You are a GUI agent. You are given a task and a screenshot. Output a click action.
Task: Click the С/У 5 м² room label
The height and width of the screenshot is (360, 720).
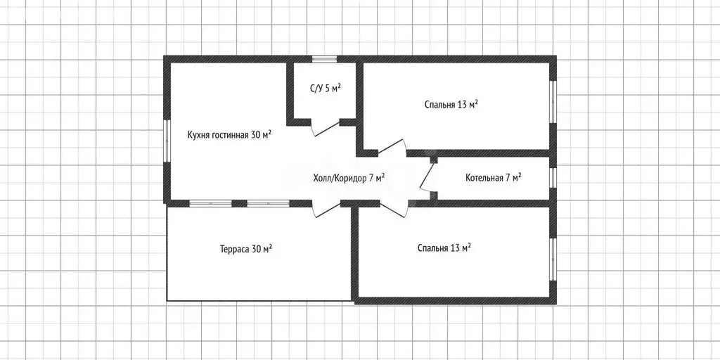pos(325,89)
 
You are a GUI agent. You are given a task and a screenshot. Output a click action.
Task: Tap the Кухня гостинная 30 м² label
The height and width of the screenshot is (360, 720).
pos(229,135)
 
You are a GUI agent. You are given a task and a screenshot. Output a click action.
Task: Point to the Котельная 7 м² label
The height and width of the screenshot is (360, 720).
pos(493,178)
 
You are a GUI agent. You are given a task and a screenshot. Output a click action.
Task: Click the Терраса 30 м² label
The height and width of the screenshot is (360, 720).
pos(246,250)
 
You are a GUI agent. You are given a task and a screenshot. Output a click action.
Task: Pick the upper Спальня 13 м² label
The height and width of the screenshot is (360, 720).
pos(451,104)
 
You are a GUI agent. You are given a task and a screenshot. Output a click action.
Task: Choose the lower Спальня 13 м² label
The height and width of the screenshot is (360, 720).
pos(444,248)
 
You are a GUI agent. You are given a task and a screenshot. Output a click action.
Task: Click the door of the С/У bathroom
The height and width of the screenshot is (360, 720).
pos(326,128)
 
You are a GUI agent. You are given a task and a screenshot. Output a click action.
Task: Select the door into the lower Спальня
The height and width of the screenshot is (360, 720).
pos(394,208)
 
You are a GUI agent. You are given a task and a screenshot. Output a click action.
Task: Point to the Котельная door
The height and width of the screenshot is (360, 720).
pos(427,177)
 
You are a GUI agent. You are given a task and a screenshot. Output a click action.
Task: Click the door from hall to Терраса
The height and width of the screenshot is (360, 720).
pos(326,209)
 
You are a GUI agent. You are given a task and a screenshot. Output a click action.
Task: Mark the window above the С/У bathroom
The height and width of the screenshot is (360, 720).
pos(325,59)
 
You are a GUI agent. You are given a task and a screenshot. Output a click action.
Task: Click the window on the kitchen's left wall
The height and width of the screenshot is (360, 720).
pos(167,141)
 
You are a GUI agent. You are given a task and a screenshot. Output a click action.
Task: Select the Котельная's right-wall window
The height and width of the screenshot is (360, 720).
pos(553,178)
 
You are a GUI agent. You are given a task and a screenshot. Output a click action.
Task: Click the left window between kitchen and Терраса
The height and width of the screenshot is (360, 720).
pos(211,203)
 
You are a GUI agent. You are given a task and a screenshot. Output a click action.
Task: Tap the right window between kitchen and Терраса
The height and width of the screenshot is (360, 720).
pos(268,203)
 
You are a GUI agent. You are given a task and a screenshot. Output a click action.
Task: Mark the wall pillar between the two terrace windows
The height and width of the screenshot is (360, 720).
pos(240,203)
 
